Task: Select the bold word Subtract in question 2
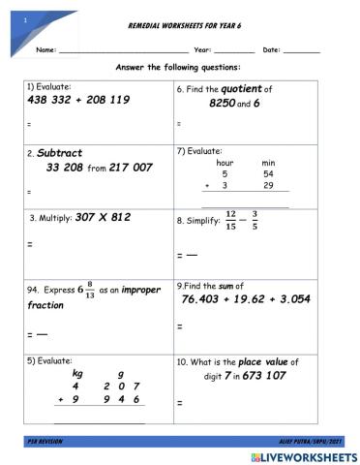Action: [x=61, y=153]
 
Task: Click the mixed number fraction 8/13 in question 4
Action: [x=89, y=290]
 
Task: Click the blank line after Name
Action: [x=123, y=50]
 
